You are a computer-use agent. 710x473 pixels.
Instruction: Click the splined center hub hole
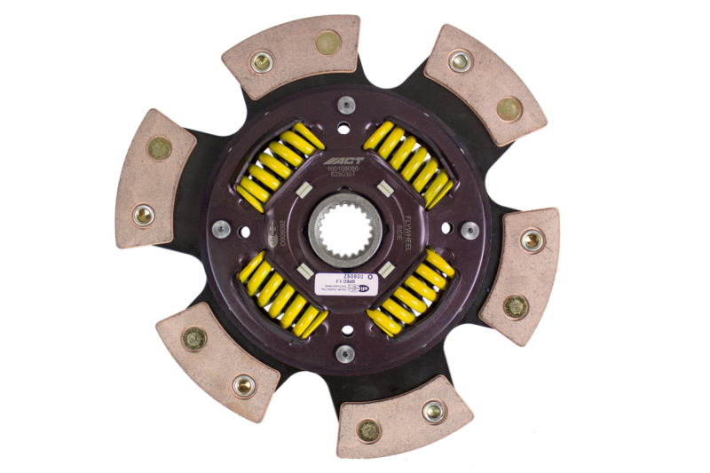point(346,230)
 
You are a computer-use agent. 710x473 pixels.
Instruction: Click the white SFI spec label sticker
point(343,283)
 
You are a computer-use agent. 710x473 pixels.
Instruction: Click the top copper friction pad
point(293,55)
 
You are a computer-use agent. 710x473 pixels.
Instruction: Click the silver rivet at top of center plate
point(346,105)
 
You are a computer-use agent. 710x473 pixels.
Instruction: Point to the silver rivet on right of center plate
point(470,230)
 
